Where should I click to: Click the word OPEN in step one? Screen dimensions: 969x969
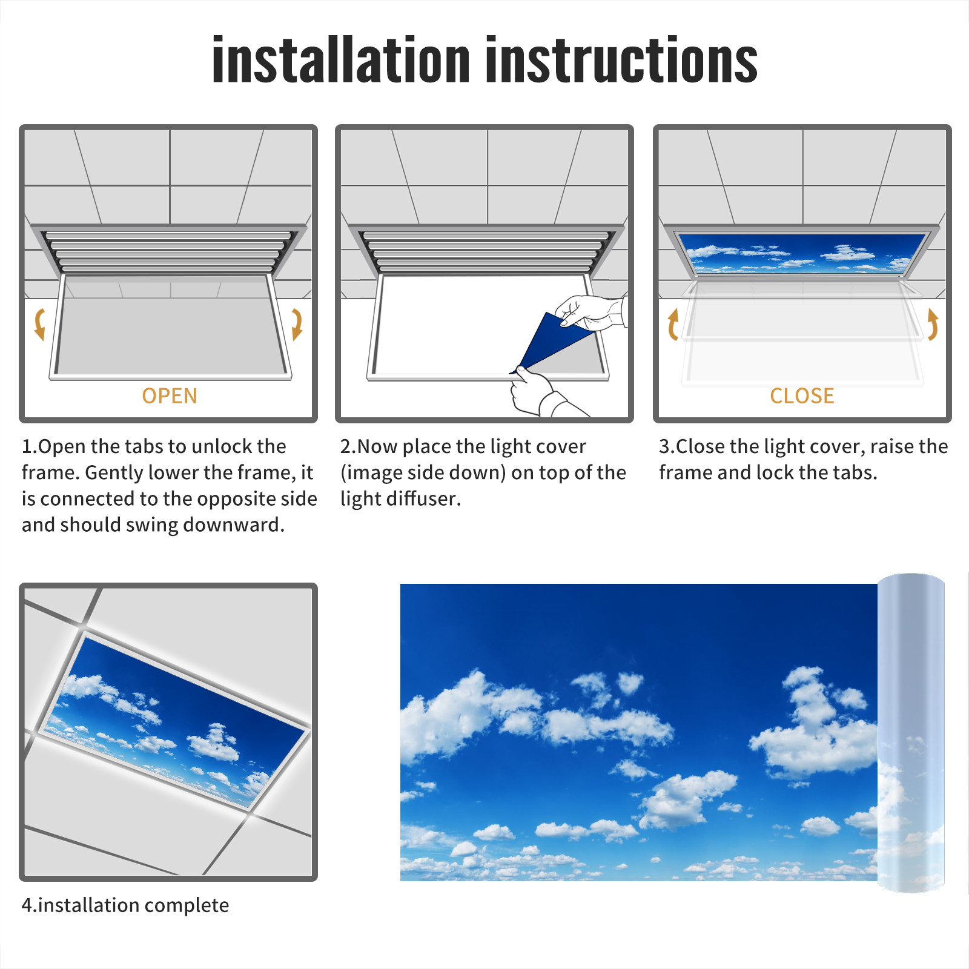170,395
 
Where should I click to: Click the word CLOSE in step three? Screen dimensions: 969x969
802,395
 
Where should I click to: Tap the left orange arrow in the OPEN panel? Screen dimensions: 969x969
40,324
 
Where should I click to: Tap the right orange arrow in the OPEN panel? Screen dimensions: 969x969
297,324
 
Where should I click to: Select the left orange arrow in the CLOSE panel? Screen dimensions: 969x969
672,325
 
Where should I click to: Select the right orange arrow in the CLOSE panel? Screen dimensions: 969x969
933,324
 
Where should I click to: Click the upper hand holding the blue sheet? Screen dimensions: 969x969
590,312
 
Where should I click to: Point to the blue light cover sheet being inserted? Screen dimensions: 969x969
551,342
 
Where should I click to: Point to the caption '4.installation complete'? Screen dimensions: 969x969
125,905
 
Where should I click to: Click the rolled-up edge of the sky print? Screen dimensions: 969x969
911,733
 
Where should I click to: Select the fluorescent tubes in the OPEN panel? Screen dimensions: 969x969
168,251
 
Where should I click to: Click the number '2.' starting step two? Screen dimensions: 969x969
348,446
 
